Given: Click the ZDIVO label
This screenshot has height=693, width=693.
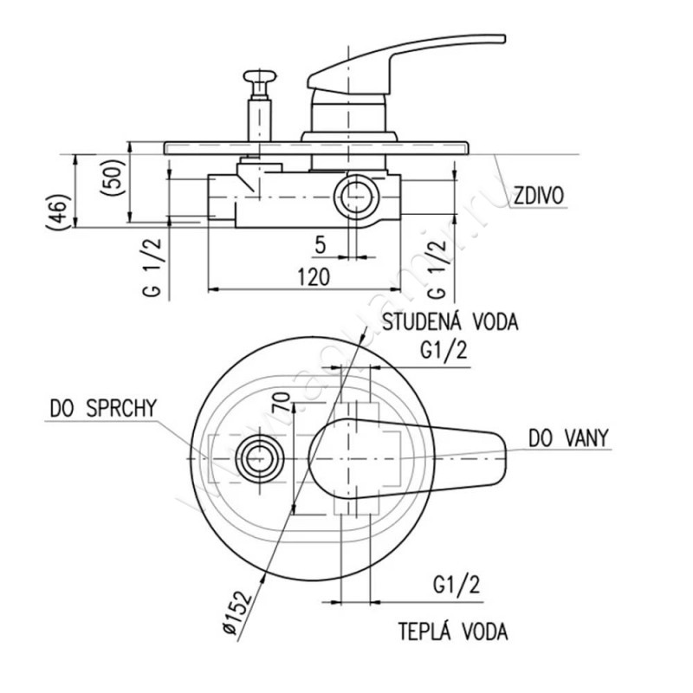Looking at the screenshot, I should pos(537,197).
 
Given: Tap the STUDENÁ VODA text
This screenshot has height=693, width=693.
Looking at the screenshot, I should pos(450,323).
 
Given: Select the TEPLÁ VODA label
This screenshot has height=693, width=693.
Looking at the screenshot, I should pos(453,630).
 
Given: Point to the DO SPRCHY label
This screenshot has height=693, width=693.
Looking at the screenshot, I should pos(103,407).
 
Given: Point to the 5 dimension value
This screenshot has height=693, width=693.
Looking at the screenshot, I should pos(320,245).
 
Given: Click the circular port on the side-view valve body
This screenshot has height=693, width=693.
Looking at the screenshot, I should pos(357,195).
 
